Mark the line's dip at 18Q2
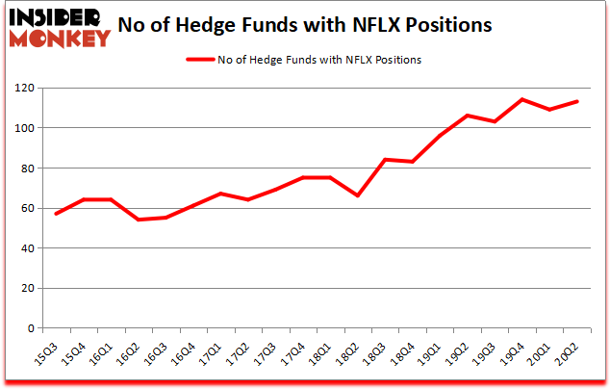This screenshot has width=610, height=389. pos(358,195)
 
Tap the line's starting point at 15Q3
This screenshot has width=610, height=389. pos(57,214)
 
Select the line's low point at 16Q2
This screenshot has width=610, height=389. pos(139,220)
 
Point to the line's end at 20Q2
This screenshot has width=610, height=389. pos(577,101)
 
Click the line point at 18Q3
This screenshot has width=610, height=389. pos(385,160)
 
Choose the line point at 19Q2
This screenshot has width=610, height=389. pos(468,116)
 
